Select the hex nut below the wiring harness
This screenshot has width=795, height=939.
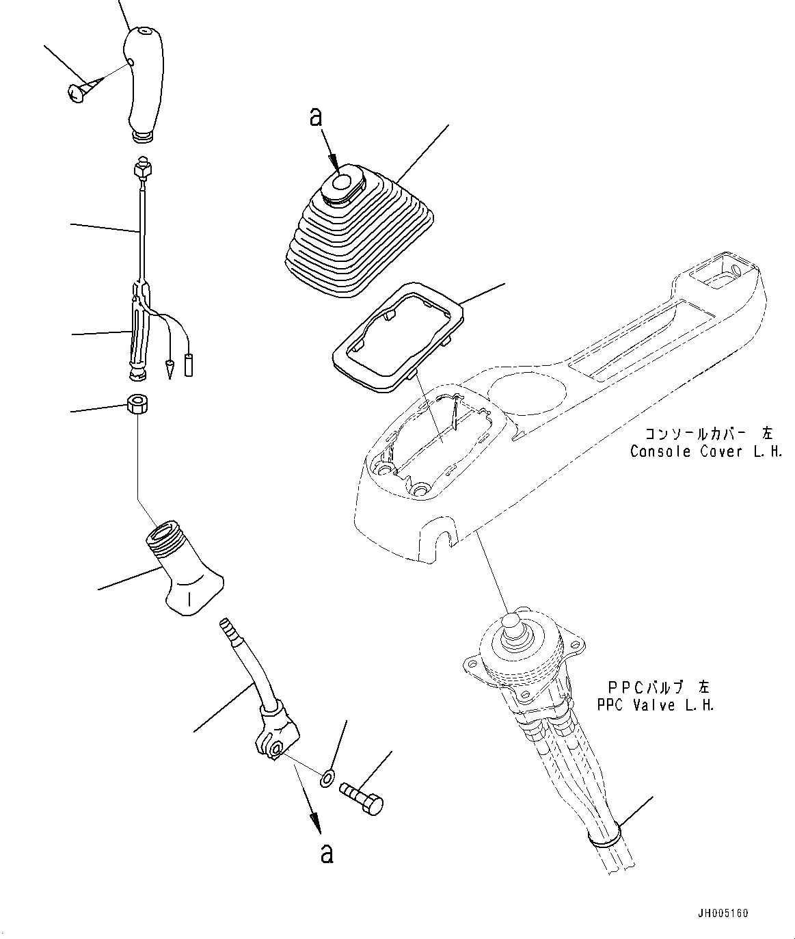[x=137, y=404]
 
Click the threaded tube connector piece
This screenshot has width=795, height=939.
[x=181, y=568]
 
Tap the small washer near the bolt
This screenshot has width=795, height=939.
[x=327, y=778]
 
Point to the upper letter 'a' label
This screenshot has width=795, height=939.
[x=315, y=118]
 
